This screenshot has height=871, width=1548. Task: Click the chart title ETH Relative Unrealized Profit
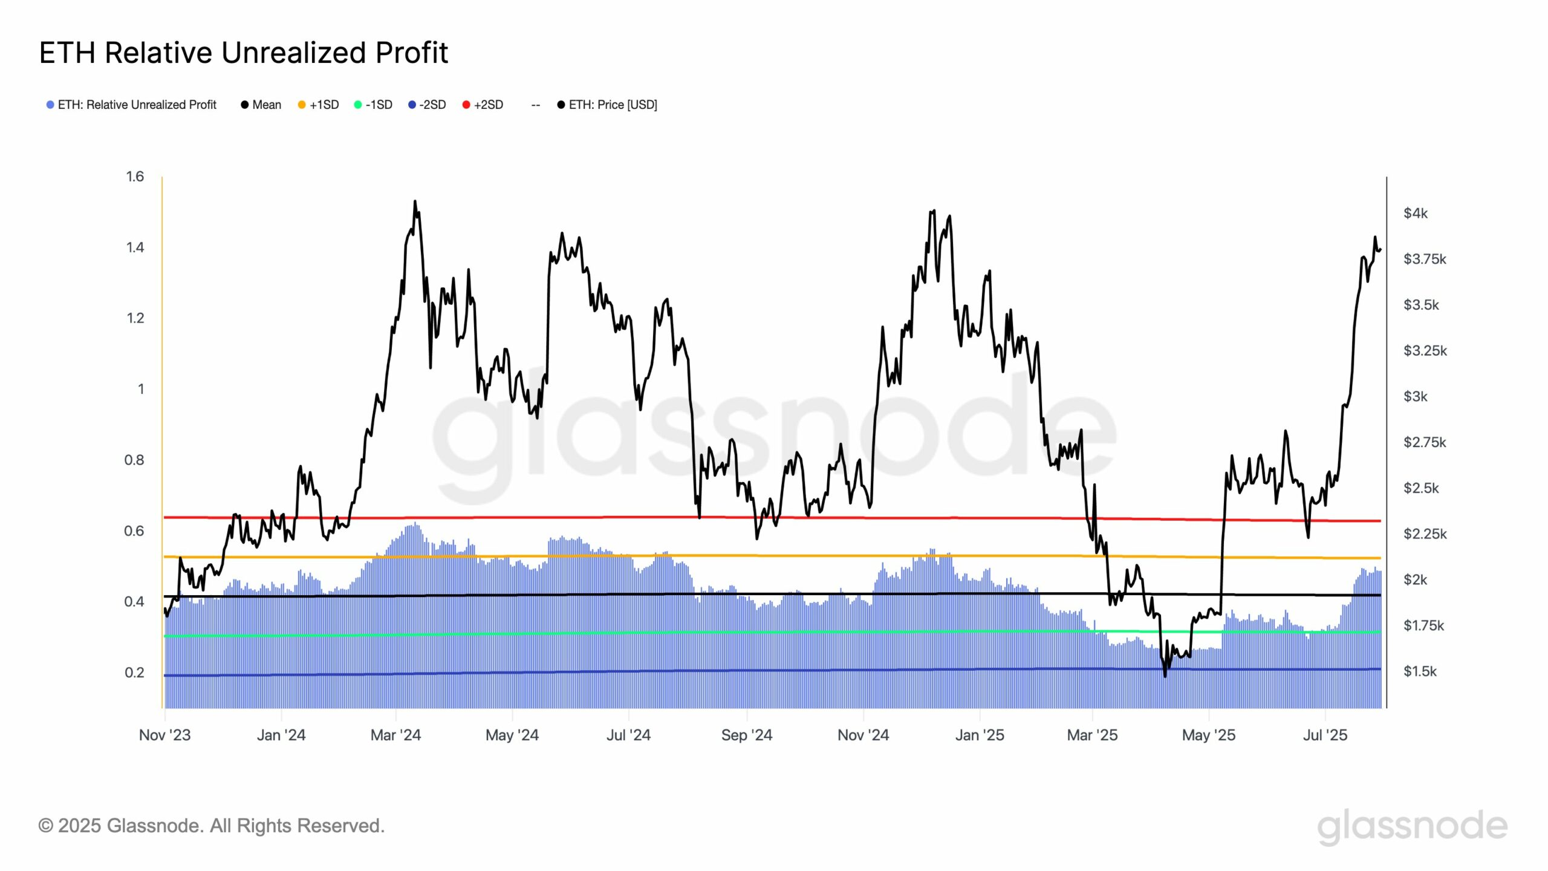pos(243,53)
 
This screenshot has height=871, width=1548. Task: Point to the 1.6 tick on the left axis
pos(135,177)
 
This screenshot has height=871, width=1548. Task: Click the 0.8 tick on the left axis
pos(134,460)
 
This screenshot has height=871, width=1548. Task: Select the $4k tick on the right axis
pos(1415,213)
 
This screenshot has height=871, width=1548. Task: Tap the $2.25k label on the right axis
pos(1425,534)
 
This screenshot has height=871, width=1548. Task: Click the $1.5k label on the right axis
pos(1420,671)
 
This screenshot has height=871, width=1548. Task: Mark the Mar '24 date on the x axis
pos(395,736)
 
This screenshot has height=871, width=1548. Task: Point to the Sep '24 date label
pos(747,736)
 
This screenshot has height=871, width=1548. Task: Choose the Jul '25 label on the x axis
pos(1325,736)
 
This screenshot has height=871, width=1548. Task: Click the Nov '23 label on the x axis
pos(164,736)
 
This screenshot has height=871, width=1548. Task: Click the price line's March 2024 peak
pos(415,201)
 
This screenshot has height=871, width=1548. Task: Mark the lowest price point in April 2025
pos(1165,676)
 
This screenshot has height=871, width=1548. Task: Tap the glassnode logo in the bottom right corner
pos(1412,826)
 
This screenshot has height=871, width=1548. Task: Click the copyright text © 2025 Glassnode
pos(212,826)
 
